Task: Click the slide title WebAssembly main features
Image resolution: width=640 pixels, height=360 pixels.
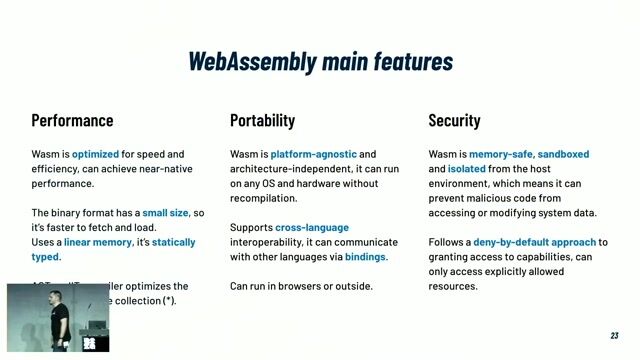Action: [320, 61]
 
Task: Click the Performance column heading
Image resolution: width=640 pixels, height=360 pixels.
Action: [72, 121]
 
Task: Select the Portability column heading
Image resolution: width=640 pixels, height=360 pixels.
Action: [262, 121]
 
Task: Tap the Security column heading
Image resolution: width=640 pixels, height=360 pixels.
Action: [454, 121]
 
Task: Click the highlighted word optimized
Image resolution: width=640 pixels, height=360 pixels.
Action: [95, 154]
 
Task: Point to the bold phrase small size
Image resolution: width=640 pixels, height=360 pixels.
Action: [165, 213]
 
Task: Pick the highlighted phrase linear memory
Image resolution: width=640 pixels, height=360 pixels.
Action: [97, 242]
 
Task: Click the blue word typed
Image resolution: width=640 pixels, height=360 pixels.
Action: [45, 257]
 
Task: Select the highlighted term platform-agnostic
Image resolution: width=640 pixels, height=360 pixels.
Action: [313, 154]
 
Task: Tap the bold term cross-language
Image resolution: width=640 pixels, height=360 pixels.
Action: [311, 228]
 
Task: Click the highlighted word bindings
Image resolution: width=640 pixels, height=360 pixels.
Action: [365, 257]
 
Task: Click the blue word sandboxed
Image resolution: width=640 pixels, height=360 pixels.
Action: [563, 154]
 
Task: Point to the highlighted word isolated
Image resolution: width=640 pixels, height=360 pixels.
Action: [467, 169]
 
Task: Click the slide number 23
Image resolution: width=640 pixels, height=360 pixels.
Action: [615, 336]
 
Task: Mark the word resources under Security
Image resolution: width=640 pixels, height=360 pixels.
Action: [453, 286]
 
